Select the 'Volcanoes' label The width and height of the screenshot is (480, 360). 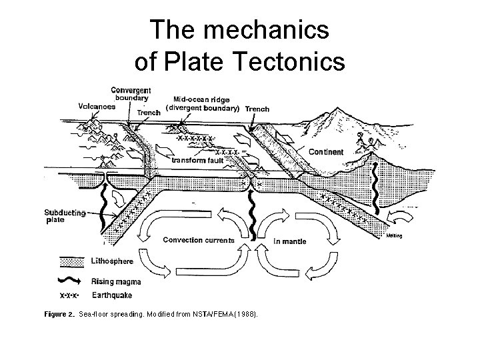click(x=96, y=105)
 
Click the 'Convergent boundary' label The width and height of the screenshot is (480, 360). click(x=131, y=94)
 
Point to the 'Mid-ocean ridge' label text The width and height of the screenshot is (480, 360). click(x=201, y=100)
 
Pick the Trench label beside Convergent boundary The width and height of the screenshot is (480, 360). click(x=149, y=113)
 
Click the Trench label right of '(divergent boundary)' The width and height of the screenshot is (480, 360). click(x=257, y=109)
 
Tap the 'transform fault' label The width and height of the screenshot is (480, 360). click(x=198, y=160)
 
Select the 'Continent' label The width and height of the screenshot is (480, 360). click(x=327, y=152)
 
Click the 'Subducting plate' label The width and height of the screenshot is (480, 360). click(x=65, y=217)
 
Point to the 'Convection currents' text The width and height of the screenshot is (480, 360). click(x=199, y=240)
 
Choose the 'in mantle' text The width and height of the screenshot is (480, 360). click(x=290, y=241)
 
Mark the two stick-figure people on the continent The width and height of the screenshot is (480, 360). click(x=365, y=142)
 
